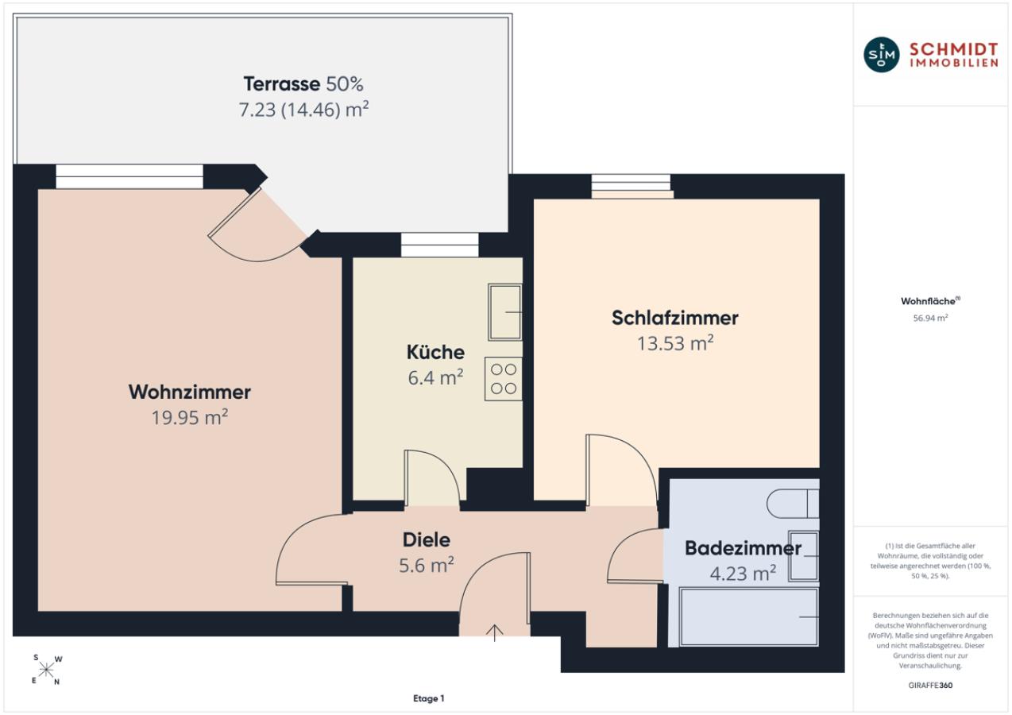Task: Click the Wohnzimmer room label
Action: pyautogui.click(x=189, y=392)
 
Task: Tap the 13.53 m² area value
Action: pyautogui.click(x=675, y=343)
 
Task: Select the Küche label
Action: pyautogui.click(x=435, y=352)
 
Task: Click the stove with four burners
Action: pyautogui.click(x=504, y=379)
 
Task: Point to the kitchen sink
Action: pyautogui.click(x=505, y=312)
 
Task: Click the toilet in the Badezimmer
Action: pyautogui.click(x=793, y=503)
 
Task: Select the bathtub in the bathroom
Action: pyautogui.click(x=749, y=616)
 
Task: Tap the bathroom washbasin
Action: pyautogui.click(x=803, y=556)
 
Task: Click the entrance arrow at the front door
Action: pyautogui.click(x=495, y=632)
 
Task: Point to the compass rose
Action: pyautogui.click(x=46, y=670)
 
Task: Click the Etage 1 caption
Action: pyautogui.click(x=429, y=698)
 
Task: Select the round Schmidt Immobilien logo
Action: pyautogui.click(x=881, y=55)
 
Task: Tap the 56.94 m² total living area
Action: pyautogui.click(x=930, y=318)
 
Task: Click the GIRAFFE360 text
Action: pyautogui.click(x=930, y=685)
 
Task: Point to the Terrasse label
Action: pyautogui.click(x=303, y=83)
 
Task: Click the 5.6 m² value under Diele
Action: pyautogui.click(x=426, y=565)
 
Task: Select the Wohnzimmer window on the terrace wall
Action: pyautogui.click(x=129, y=176)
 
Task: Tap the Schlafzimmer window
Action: pyautogui.click(x=632, y=186)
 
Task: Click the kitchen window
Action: pyautogui.click(x=439, y=245)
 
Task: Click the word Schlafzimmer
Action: pyautogui.click(x=675, y=318)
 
